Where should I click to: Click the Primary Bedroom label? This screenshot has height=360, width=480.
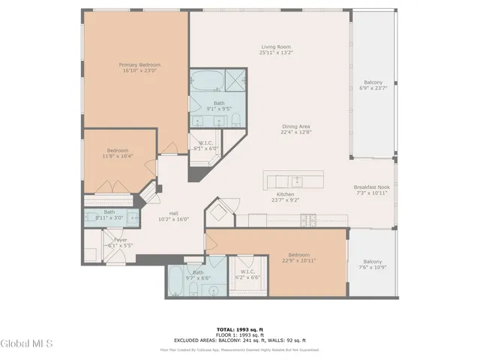click(x=139, y=65)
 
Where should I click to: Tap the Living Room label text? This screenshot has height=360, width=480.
click(x=275, y=47)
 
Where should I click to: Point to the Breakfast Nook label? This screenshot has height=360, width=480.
click(x=372, y=187)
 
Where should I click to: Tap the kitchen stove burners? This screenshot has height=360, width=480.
click(x=307, y=220)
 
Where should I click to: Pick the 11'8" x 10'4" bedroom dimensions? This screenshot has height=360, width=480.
click(x=118, y=157)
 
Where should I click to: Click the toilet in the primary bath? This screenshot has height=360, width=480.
click(x=234, y=120)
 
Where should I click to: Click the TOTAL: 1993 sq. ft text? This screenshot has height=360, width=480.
click(x=239, y=329)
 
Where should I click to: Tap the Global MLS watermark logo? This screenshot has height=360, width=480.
click(x=27, y=343)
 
